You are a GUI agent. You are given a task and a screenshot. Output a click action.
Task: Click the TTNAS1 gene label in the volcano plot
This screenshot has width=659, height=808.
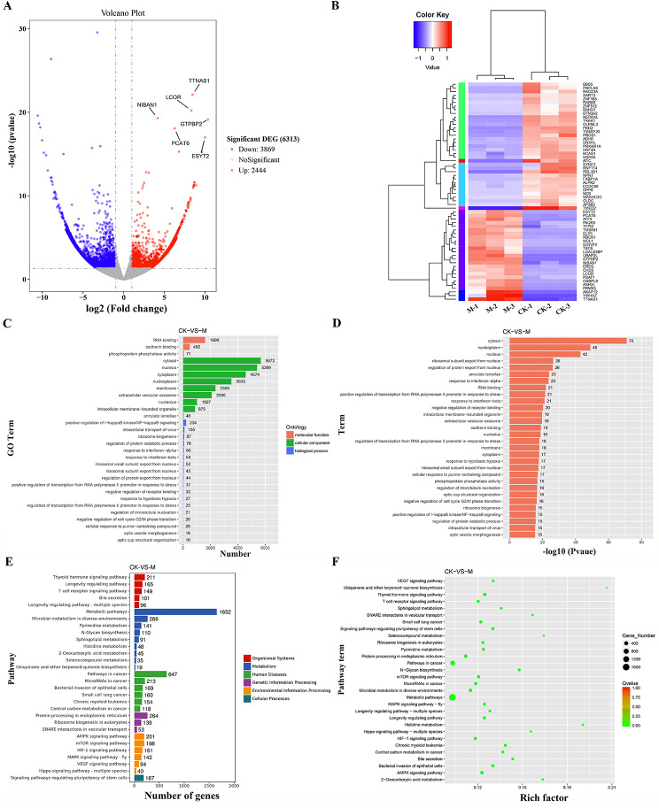198,81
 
